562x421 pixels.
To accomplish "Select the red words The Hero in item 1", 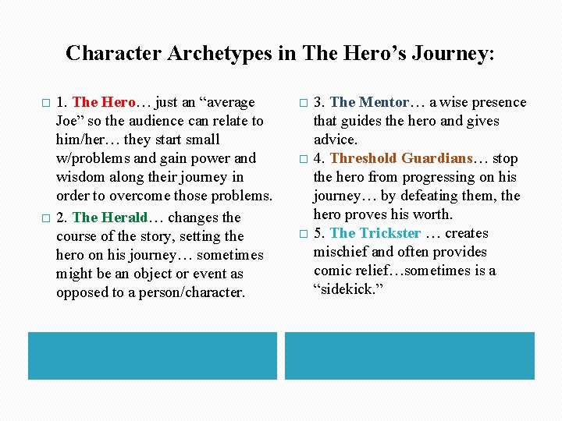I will (104, 102).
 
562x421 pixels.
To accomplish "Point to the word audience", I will (151, 121).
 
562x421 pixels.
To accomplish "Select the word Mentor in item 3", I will (383, 102).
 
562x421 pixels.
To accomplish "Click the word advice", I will (336, 140).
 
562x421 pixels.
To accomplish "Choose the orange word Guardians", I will (437, 158).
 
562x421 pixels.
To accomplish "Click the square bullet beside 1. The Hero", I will (44, 103).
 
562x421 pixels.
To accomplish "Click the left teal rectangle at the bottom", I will (152, 356).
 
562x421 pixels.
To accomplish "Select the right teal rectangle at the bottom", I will (409, 356).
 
